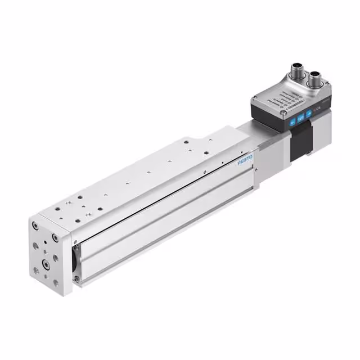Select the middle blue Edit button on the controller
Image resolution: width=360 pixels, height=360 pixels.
(301, 118)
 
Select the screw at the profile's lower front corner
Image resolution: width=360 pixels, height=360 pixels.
(77, 278)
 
